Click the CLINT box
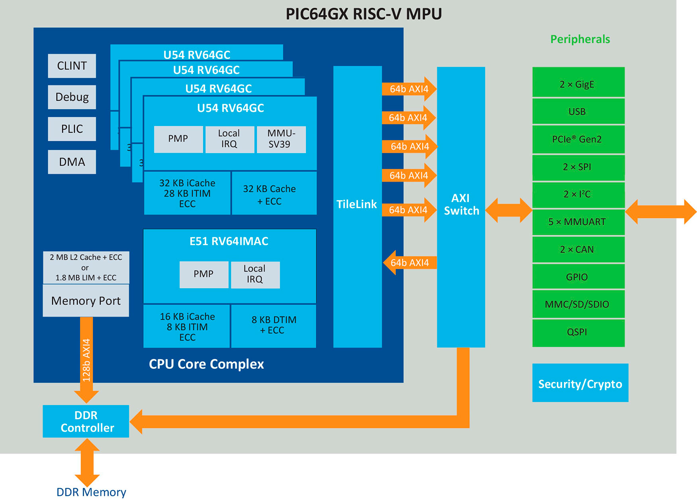point(72,66)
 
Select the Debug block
point(72,97)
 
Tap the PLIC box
point(72,129)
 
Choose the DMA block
point(72,162)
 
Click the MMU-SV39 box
point(281,139)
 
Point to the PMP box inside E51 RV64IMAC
point(204,274)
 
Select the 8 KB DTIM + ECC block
point(274,325)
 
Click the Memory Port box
point(86,301)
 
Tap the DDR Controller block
point(86,421)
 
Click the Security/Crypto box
point(580,383)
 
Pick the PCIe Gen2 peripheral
point(578,139)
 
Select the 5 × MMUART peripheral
point(578,222)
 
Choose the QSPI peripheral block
point(578,332)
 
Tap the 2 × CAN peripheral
point(578,250)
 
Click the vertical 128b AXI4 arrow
point(86,359)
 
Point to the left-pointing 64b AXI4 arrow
point(409,263)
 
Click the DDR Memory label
point(91,492)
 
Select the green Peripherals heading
point(580,39)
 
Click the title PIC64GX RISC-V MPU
point(364,14)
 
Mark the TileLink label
point(357,204)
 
